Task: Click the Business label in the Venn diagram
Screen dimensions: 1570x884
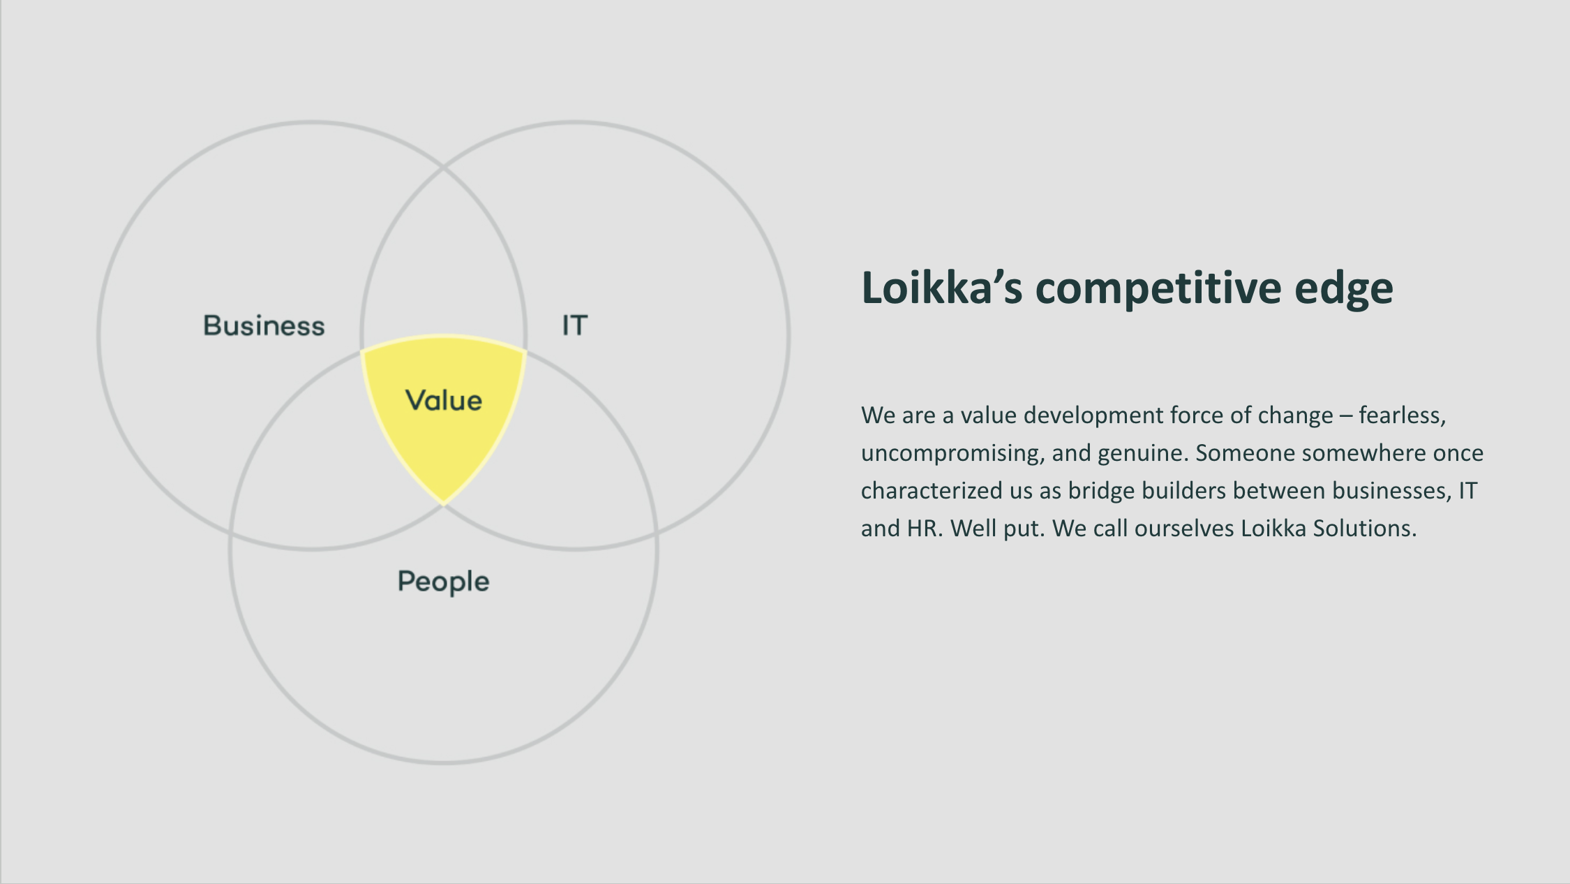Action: [264, 326]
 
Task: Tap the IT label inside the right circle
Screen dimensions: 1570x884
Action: [575, 325]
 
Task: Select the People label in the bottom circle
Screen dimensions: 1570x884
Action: [443, 582]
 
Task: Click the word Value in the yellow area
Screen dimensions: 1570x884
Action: [444, 400]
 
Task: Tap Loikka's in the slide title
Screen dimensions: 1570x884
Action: [942, 287]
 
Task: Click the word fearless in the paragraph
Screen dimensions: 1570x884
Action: [1400, 415]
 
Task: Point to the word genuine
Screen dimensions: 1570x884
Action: [1139, 454]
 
